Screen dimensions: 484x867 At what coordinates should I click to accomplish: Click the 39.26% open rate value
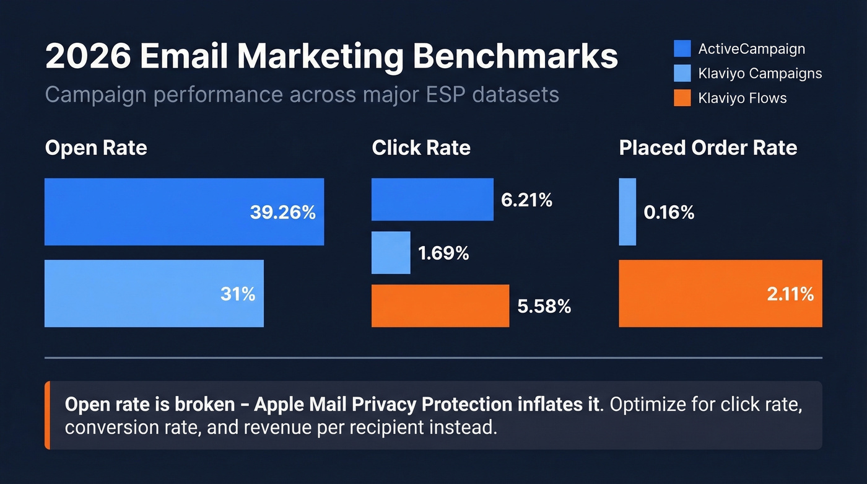click(282, 213)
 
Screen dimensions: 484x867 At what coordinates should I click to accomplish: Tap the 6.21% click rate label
click(526, 200)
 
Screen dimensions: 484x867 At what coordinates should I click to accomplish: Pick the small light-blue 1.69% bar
click(391, 253)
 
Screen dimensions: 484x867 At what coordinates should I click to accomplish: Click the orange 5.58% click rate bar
click(440, 306)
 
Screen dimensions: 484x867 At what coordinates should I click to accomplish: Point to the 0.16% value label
click(669, 213)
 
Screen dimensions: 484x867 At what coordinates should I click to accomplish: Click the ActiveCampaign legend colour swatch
click(682, 49)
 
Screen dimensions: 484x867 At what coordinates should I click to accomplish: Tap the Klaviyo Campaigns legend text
click(760, 73)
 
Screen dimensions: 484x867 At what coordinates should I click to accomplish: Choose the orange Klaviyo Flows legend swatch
click(682, 97)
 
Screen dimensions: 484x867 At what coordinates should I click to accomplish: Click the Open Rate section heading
click(96, 148)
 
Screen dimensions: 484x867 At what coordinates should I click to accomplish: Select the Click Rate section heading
click(421, 148)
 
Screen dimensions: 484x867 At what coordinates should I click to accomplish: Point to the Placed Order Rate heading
click(708, 148)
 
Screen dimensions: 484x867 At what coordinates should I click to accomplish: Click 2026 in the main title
click(87, 57)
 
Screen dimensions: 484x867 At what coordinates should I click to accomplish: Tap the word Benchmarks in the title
click(515, 57)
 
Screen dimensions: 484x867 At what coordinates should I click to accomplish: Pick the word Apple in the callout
click(277, 405)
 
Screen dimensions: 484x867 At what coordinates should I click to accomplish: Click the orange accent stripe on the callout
click(47, 415)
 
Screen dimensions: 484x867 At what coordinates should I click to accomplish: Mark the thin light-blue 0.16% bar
click(627, 212)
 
